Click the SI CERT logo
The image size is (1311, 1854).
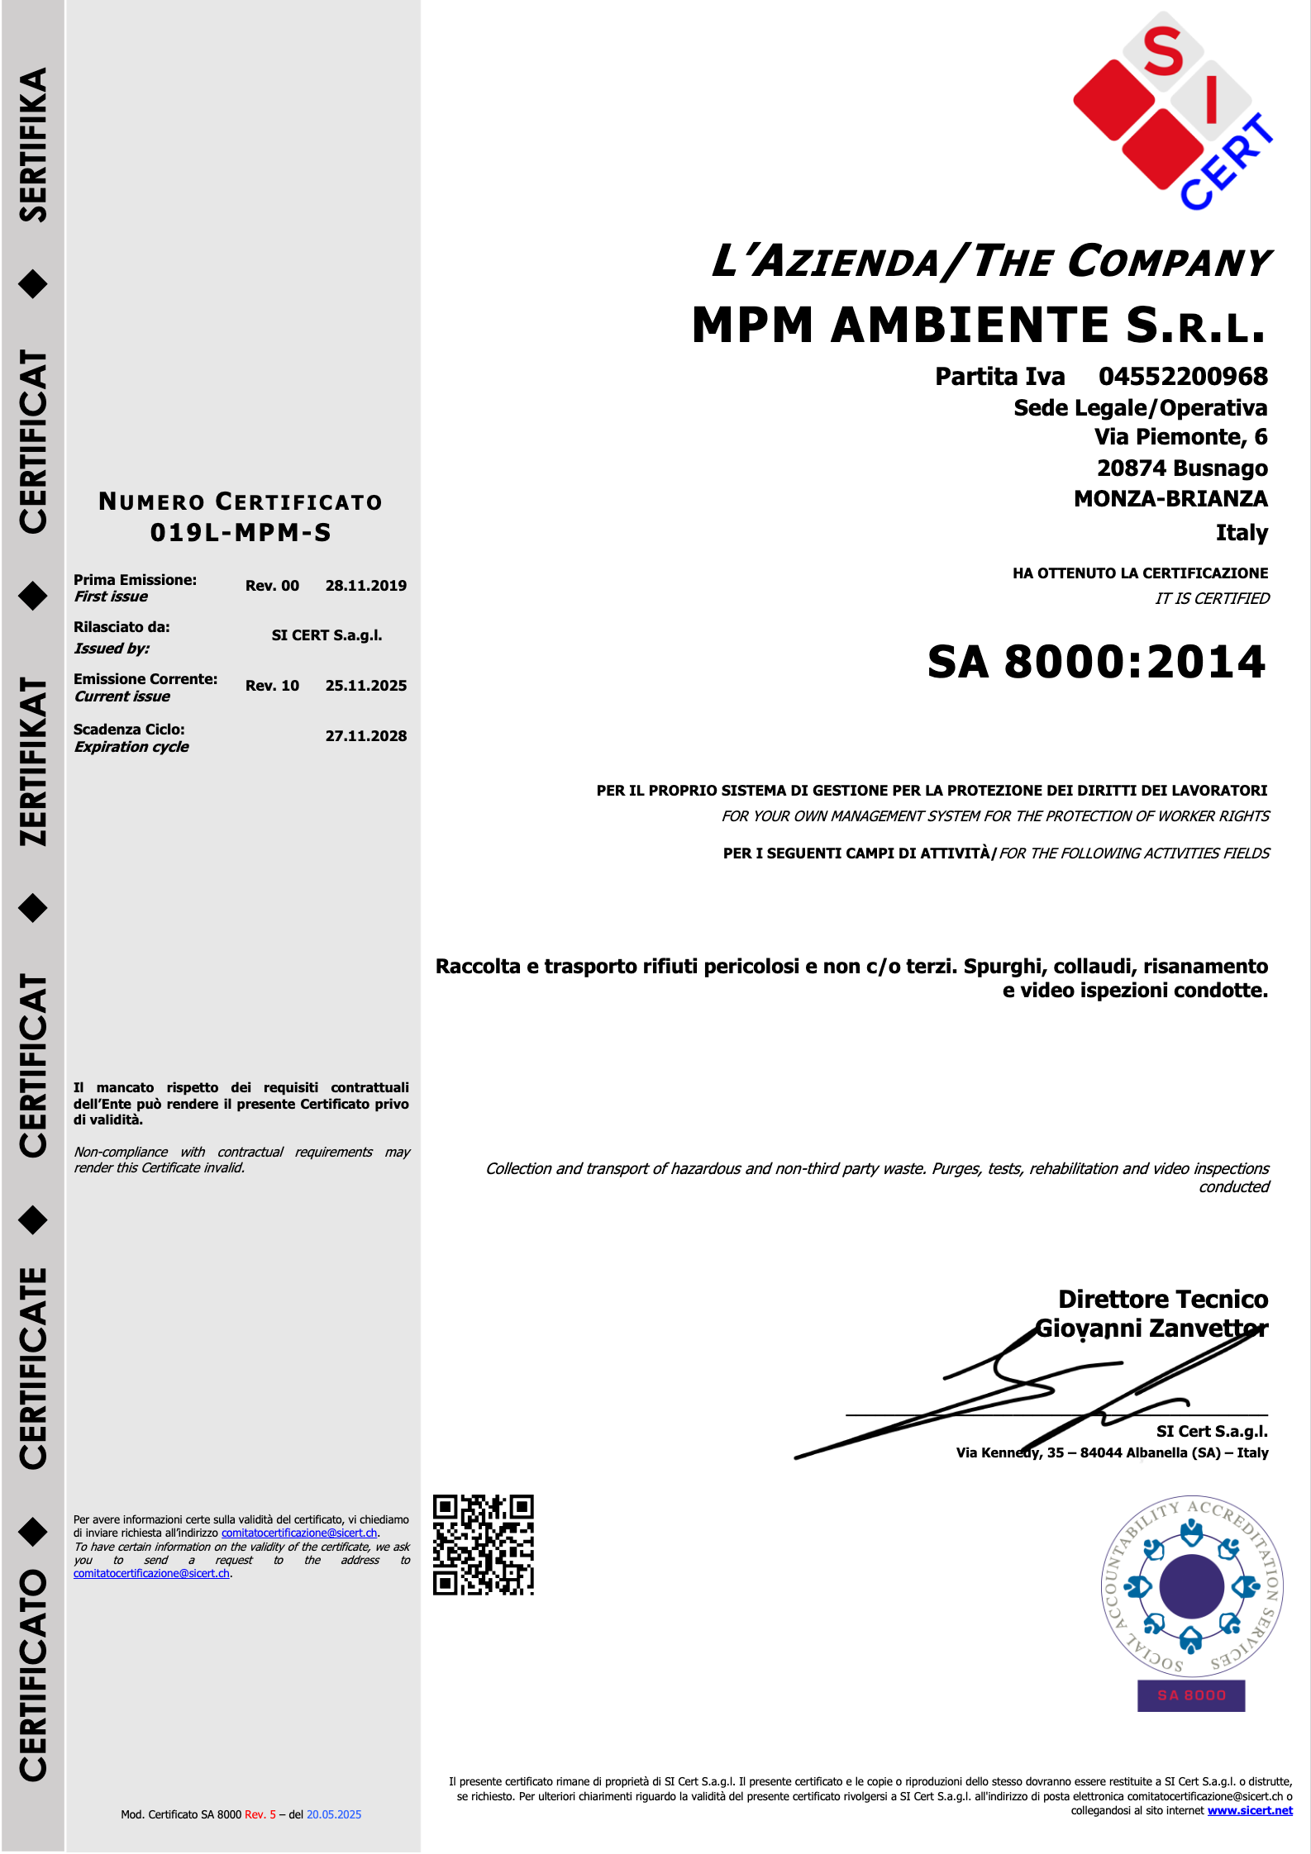1173,112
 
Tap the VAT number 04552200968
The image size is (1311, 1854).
1182,377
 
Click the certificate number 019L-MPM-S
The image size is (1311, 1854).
241,533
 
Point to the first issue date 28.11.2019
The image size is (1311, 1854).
365,586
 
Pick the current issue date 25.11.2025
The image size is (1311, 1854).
365,686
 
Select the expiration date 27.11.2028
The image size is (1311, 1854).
365,736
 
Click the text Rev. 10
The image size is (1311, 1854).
272,686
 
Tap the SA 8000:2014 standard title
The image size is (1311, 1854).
1096,663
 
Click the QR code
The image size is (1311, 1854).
484,1544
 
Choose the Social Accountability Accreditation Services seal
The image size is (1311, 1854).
1191,1585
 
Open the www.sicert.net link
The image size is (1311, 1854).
1249,1810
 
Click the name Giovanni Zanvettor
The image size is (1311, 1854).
1151,1329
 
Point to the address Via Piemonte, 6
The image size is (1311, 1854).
1180,437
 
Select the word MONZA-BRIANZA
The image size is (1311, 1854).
1170,499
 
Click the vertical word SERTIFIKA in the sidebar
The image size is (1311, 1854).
33,145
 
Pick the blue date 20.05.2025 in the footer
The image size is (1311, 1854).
334,1814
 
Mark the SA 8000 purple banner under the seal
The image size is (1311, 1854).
1191,1695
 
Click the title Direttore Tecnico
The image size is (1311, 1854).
1162,1300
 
